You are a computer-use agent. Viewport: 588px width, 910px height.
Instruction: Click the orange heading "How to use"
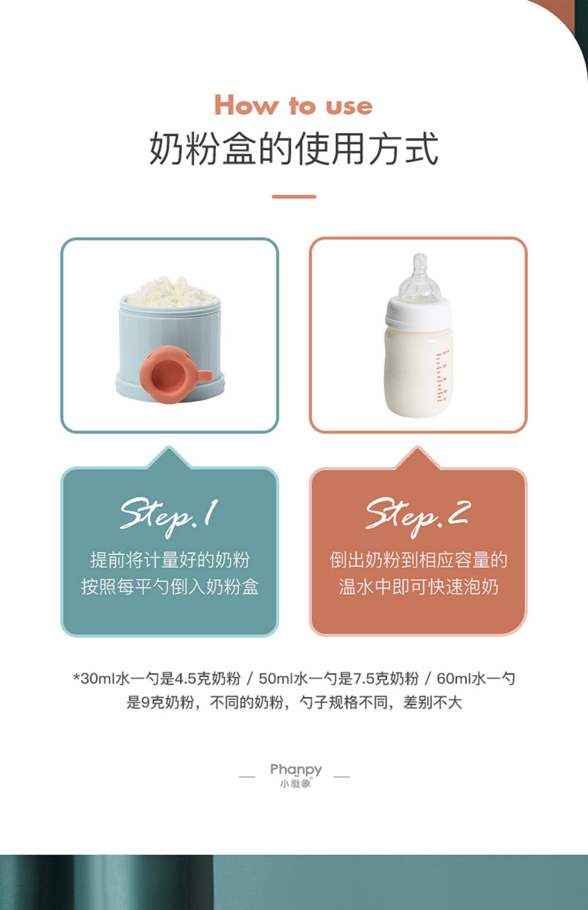coord(294,105)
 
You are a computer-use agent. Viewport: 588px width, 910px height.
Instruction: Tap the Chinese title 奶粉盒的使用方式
coord(294,149)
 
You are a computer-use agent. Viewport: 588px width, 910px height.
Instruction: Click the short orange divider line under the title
coord(294,197)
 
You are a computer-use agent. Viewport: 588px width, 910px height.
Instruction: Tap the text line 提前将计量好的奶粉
coord(170,560)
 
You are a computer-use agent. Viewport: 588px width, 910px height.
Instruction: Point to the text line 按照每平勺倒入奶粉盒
coord(170,587)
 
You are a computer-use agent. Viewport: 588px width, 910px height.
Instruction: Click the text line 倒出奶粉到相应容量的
coord(418,560)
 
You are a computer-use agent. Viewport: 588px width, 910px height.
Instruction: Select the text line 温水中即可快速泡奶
coord(418,587)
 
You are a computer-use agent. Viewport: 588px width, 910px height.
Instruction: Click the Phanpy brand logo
coord(296,770)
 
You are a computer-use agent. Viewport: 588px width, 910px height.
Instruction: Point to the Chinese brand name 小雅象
coord(296,784)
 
